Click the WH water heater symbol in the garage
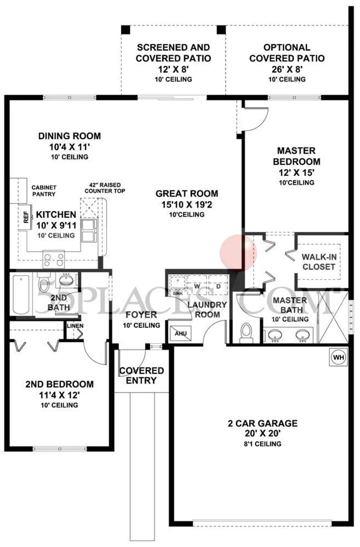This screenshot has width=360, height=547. (338, 357)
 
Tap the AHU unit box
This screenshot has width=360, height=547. (181, 333)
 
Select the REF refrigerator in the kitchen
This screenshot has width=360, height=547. (26, 217)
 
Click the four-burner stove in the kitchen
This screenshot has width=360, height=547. (54, 259)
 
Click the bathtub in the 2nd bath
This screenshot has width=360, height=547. (21, 295)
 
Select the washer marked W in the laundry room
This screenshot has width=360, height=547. (197, 286)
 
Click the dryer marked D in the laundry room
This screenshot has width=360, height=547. (218, 286)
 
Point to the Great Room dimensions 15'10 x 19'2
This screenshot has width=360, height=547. (187, 204)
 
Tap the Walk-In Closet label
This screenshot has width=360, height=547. (319, 262)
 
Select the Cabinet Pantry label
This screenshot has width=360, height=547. (44, 191)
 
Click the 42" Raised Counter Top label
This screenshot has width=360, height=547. (105, 188)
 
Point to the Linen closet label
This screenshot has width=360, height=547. (75, 326)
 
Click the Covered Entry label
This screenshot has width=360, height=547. (141, 375)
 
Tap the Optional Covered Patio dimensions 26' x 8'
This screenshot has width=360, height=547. (287, 69)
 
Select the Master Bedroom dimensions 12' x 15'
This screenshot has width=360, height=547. (296, 173)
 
